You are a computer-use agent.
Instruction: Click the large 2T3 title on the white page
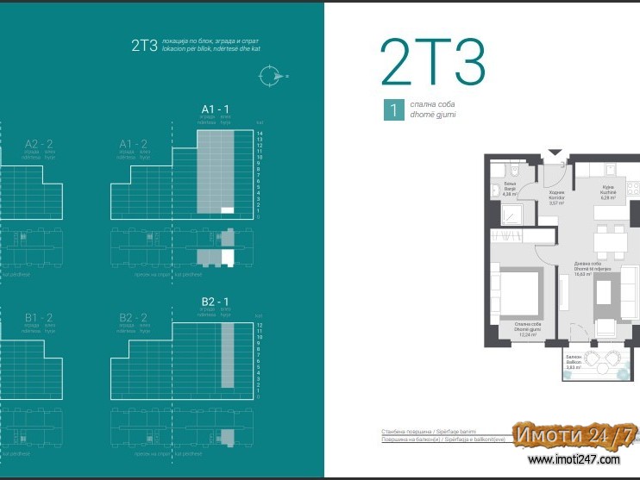point(433,62)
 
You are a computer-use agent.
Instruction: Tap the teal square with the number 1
point(392,110)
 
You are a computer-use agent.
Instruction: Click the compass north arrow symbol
point(272,76)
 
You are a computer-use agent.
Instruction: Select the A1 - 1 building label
point(215,109)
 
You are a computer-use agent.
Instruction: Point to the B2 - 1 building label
point(215,302)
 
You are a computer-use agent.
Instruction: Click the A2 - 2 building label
point(39,144)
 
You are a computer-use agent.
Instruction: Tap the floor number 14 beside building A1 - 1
point(259,134)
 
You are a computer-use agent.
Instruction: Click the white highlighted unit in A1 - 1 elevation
point(228,209)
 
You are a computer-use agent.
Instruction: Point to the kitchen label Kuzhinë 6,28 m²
point(606,193)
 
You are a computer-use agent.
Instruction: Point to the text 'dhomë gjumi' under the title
point(433,115)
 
